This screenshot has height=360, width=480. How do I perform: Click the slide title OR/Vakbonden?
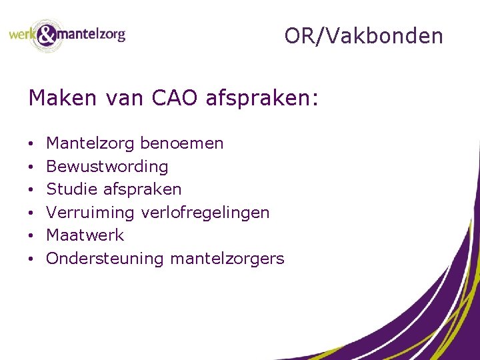(363, 36)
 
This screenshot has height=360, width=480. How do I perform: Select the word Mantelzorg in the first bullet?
(90, 143)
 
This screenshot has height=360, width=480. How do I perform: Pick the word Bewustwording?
(107, 167)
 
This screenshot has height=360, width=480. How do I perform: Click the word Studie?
(71, 189)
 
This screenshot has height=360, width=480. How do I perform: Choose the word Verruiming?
(91, 213)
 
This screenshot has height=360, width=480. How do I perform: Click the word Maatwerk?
(85, 235)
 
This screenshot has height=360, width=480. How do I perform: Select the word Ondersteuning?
(105, 259)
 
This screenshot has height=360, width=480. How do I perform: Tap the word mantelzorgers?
(227, 259)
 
